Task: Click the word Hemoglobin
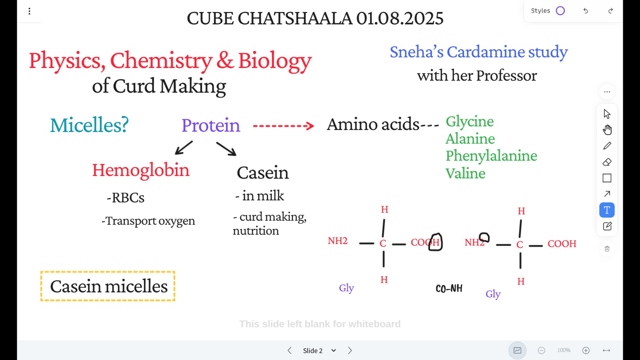[140, 170]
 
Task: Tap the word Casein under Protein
[262, 172]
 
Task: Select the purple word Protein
[211, 125]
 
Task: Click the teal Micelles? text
[90, 125]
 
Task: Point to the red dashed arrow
[284, 126]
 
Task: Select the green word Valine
[466, 173]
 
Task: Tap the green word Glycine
[470, 122]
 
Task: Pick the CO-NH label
[449, 288]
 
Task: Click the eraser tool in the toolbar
[607, 162]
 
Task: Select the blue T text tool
[607, 210]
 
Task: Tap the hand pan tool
[607, 130]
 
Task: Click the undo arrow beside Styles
[586, 11]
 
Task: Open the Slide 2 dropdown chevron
[334, 350]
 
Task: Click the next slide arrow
[350, 350]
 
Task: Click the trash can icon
[607, 249]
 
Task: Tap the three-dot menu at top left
[30, 11]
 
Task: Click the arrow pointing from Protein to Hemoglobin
[184, 148]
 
